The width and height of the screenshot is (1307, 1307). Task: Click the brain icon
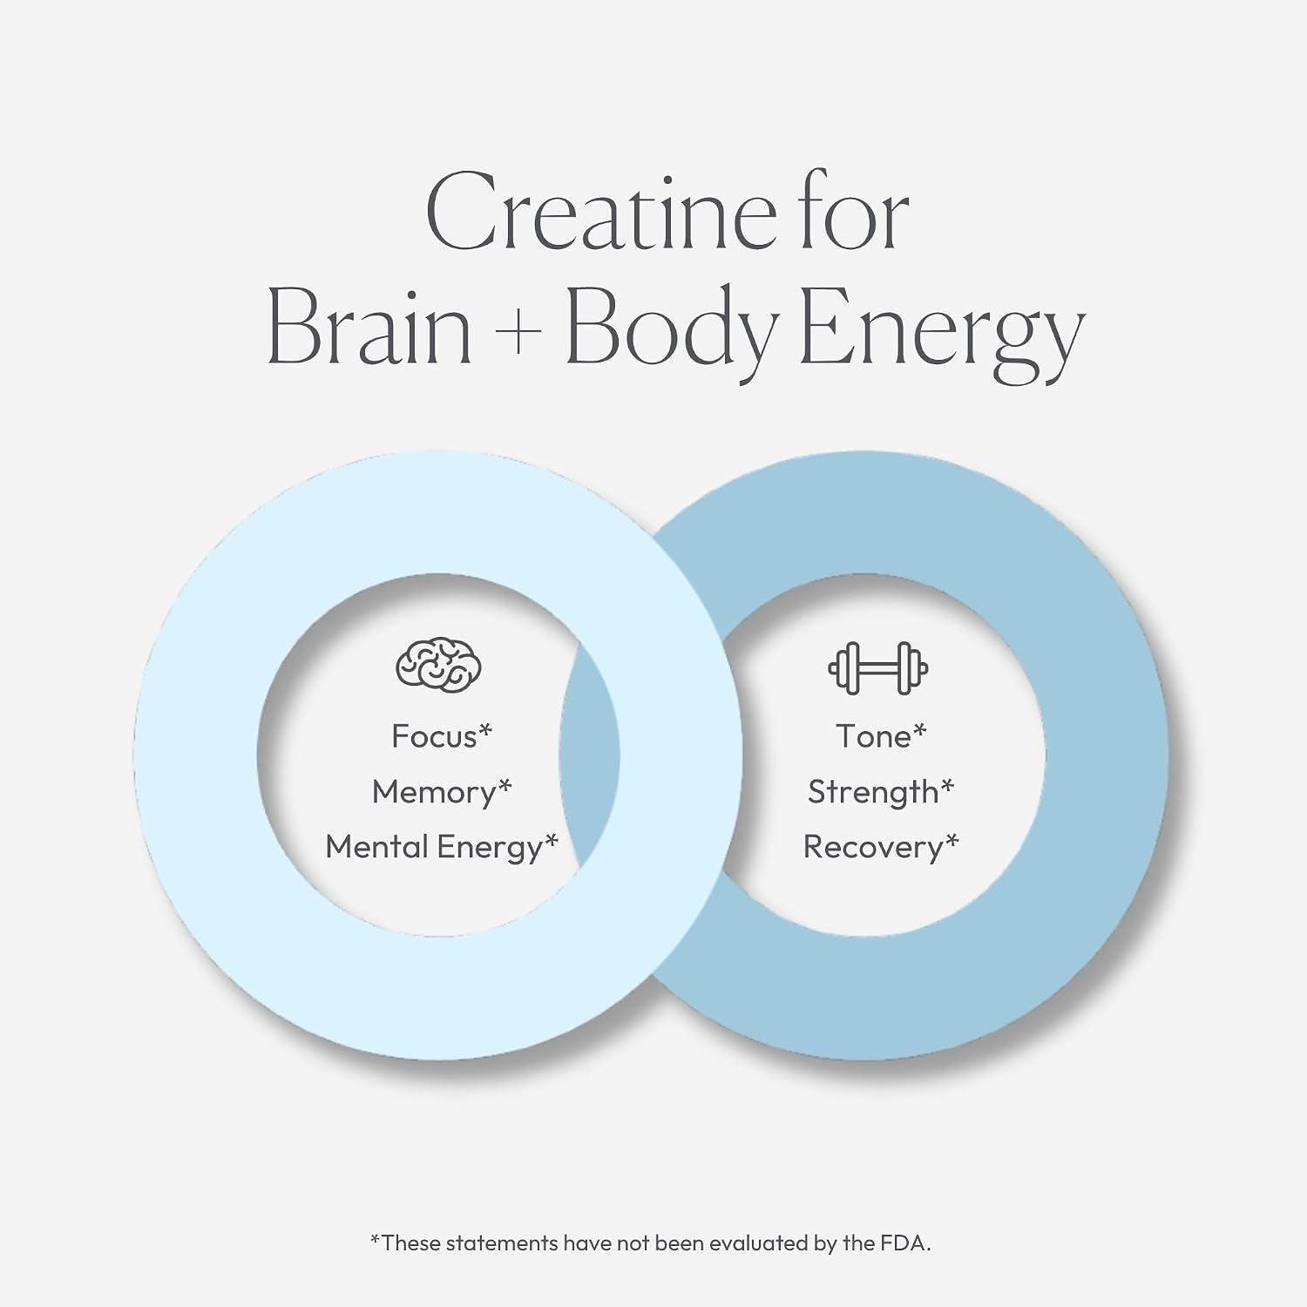click(438, 667)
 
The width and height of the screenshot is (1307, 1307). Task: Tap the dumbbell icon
click(877, 668)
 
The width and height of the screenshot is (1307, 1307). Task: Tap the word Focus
click(434, 736)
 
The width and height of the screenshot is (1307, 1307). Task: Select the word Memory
click(433, 791)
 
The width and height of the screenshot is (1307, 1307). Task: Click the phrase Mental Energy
click(434, 848)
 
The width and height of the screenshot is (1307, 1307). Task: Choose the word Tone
click(873, 736)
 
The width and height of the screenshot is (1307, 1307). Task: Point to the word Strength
click(873, 792)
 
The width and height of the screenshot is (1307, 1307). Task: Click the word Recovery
click(873, 848)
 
